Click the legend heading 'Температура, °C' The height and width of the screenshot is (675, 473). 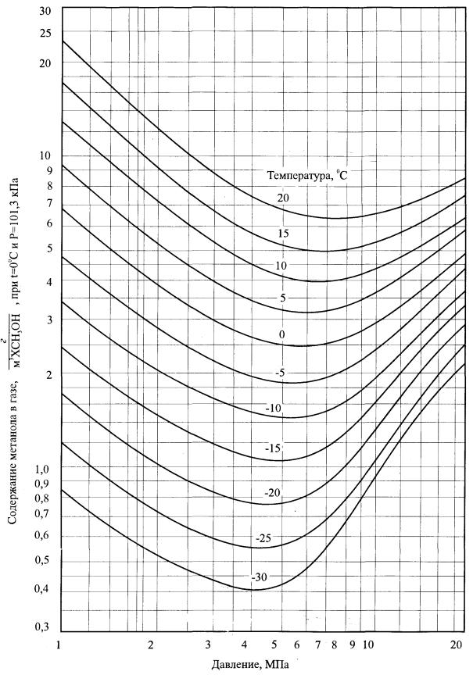pyautogui.click(x=310, y=176)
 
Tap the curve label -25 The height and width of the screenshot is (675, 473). pyautogui.click(x=263, y=539)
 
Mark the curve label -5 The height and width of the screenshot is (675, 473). pyautogui.click(x=280, y=373)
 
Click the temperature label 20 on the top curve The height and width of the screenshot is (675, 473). pyautogui.click(x=282, y=198)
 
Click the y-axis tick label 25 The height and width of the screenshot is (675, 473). pyautogui.click(x=45, y=34)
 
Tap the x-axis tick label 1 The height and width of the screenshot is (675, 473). pyautogui.click(x=59, y=646)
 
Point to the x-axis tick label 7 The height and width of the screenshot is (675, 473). pyautogui.click(x=318, y=646)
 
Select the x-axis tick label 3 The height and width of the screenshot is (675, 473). pyautogui.click(x=208, y=646)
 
